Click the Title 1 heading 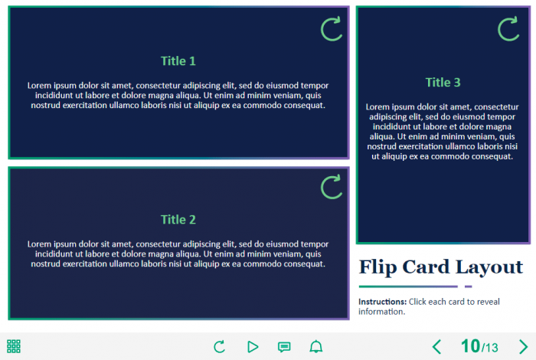click(x=178, y=61)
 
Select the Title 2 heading click(x=178, y=220)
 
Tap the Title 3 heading click(x=443, y=83)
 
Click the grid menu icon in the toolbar click(x=14, y=346)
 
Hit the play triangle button click(x=253, y=347)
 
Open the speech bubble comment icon click(x=284, y=347)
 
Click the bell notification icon click(x=315, y=347)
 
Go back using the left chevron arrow click(x=436, y=347)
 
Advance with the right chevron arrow click(x=523, y=347)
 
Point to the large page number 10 click(x=471, y=346)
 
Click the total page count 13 click(x=491, y=348)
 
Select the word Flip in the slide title click(x=377, y=267)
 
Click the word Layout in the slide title click(x=489, y=267)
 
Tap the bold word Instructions click(x=382, y=302)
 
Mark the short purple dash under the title click(x=469, y=286)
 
